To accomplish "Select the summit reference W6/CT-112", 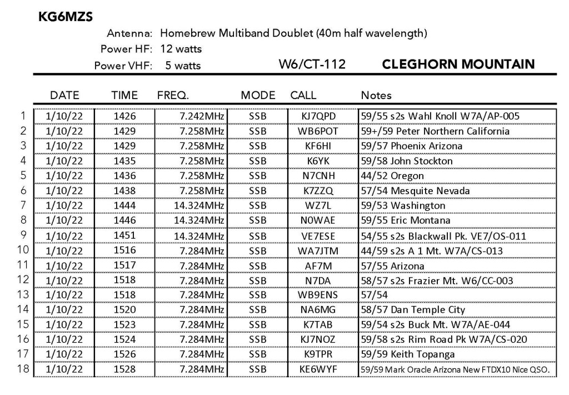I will tap(313, 65).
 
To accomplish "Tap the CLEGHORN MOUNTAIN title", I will tap(458, 65).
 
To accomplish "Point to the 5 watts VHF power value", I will tap(183, 66).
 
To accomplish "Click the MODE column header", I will tap(258, 95).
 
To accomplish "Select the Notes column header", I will tap(376, 95).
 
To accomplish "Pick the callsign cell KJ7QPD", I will tap(317, 116).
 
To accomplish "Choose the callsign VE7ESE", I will tap(317, 236).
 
